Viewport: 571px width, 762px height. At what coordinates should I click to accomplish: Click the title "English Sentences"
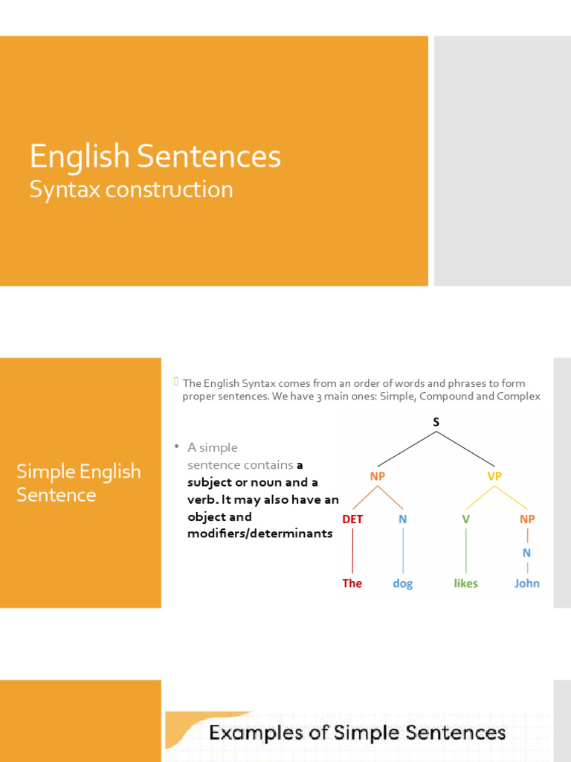click(155, 157)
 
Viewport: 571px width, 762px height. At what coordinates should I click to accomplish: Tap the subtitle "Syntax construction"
click(131, 190)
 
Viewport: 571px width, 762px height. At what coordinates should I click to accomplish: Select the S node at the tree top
click(436, 423)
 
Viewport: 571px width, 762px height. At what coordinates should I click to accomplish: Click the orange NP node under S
click(378, 476)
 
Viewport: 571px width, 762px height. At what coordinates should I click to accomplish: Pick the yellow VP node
click(494, 476)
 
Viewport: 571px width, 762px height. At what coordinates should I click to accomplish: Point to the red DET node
click(352, 519)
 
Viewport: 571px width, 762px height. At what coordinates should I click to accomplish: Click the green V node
click(466, 519)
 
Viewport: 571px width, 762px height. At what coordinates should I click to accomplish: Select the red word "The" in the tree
click(352, 583)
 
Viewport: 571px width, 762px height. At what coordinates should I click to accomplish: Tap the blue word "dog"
click(403, 584)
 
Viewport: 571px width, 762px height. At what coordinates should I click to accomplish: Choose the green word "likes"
click(466, 583)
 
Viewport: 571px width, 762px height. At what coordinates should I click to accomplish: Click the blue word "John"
click(527, 583)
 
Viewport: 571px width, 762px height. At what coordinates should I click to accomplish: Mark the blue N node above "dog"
click(403, 519)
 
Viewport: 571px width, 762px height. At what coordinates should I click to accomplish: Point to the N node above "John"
click(527, 552)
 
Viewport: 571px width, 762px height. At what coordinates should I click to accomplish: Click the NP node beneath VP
click(527, 519)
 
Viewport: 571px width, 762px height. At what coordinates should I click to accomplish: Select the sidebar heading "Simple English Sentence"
click(79, 483)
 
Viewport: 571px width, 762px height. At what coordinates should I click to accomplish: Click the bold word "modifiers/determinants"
click(260, 534)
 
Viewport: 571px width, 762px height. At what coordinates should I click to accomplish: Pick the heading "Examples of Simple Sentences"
click(357, 733)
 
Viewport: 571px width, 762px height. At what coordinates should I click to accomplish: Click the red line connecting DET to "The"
click(352, 551)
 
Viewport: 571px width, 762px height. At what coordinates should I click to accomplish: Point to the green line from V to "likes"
click(466, 551)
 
